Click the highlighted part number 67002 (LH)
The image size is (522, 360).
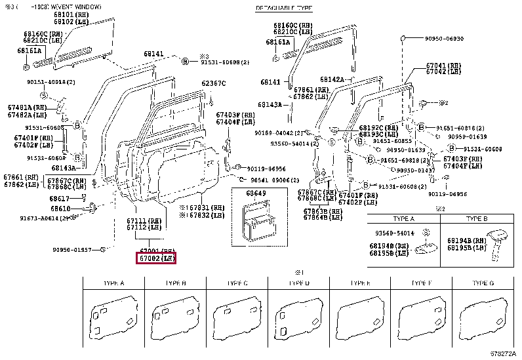157,259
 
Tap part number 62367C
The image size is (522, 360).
213,83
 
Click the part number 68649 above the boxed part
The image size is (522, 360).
256,193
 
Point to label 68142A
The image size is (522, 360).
332,79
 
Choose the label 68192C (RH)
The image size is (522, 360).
380,128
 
